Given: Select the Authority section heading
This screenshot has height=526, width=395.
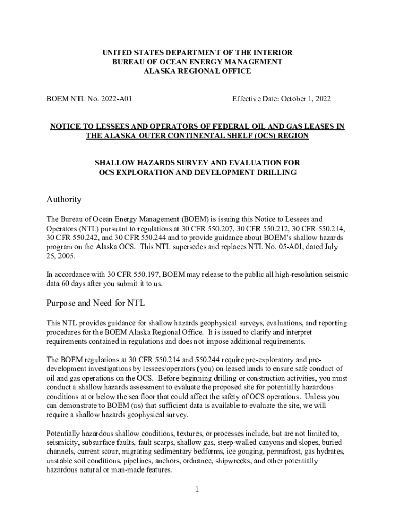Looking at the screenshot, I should click(64, 199).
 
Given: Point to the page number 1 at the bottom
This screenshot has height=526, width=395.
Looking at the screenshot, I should click(197, 489).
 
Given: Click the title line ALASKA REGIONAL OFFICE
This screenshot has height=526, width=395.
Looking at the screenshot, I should click(197, 71).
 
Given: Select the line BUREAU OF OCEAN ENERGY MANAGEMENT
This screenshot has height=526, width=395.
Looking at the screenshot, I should click(197, 62).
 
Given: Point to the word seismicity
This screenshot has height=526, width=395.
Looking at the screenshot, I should click(63, 442).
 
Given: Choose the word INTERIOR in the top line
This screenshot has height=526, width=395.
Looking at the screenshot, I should click(274, 53).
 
